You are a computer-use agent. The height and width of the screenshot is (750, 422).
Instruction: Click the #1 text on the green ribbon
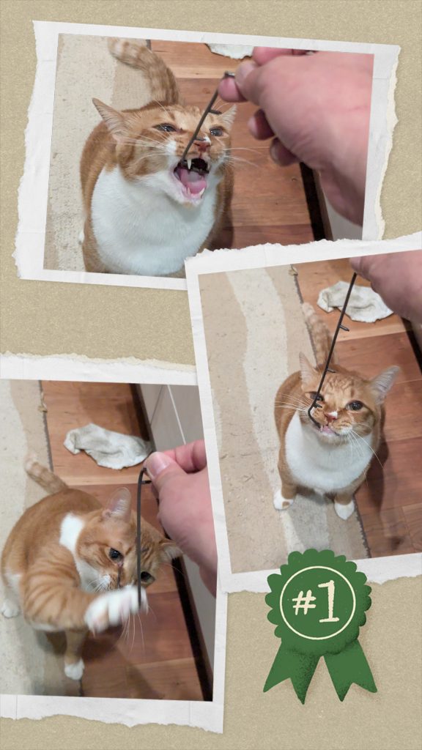point(317,602)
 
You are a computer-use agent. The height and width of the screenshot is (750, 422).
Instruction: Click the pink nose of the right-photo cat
point(332,415)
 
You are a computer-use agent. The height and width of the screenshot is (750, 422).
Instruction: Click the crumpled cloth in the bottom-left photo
point(106,446)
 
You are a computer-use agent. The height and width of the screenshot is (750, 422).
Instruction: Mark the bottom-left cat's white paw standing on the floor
point(74,668)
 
